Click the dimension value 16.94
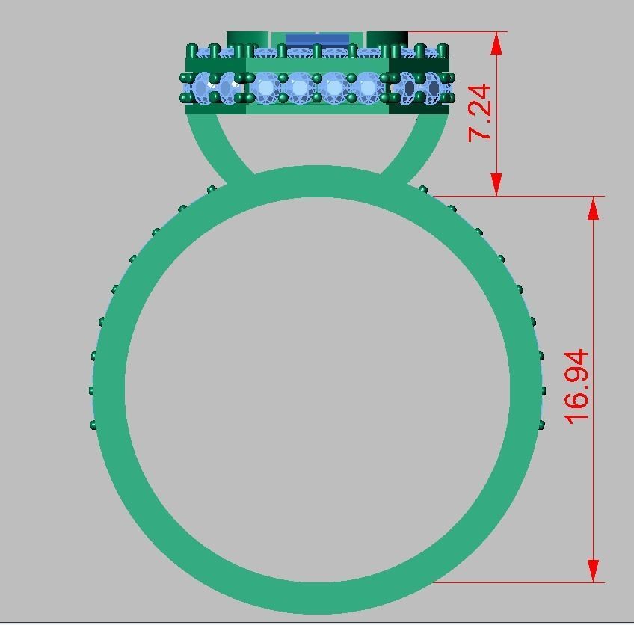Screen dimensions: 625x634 click(x=577, y=387)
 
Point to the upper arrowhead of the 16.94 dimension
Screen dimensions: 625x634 click(x=594, y=209)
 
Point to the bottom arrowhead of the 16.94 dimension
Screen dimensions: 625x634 click(x=594, y=570)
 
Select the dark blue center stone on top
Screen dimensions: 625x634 click(x=317, y=39)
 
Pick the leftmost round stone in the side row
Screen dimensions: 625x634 click(x=203, y=88)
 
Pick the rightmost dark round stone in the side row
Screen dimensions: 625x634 click(x=432, y=88)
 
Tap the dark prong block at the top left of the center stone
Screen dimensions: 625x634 click(x=247, y=39)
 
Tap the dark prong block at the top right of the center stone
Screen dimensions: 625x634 click(x=386, y=39)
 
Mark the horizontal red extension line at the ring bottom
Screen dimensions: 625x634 click(x=516, y=582)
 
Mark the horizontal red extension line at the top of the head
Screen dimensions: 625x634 click(x=456, y=32)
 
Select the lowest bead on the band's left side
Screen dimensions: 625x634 click(x=94, y=425)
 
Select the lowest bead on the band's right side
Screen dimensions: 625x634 click(x=541, y=425)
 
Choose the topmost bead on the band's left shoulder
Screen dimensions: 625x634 click(x=212, y=189)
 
